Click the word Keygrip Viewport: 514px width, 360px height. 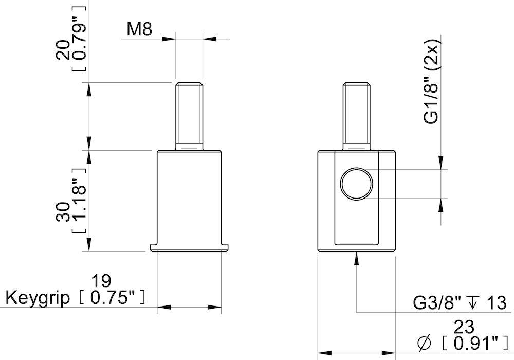[x=37, y=299]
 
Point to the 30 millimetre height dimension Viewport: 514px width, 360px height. [x=63, y=211]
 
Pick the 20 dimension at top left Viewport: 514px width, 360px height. [x=63, y=50]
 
